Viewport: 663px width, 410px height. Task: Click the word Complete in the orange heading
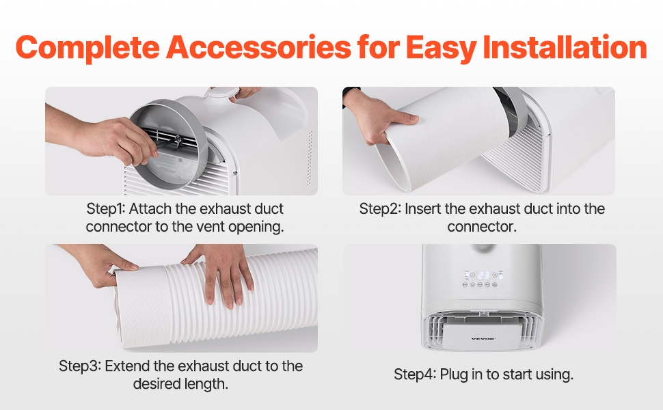coord(87,48)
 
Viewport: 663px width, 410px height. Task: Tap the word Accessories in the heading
coord(258,47)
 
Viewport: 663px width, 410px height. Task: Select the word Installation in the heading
coord(565,46)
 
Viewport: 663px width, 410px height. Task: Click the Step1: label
coord(106,209)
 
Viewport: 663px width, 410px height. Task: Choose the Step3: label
coord(79,366)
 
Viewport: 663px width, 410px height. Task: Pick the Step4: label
coord(414,374)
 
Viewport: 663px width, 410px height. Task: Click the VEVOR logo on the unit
coord(483,338)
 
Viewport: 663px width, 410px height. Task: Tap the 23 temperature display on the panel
coord(483,275)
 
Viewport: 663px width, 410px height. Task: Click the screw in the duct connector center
coord(178,138)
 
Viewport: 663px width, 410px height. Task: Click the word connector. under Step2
coord(482,227)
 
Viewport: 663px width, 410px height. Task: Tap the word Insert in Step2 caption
coord(423,209)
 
